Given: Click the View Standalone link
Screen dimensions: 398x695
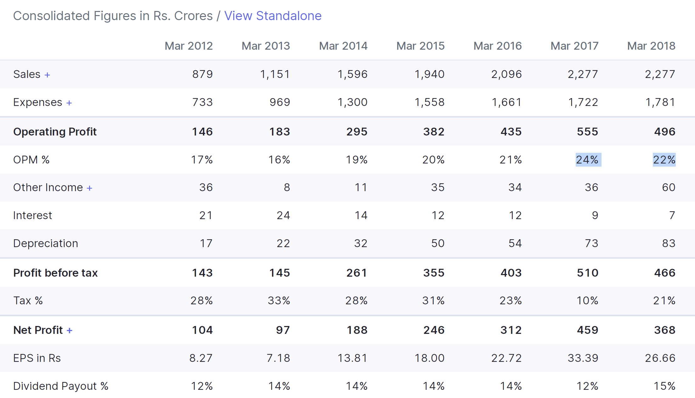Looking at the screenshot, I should (273, 16).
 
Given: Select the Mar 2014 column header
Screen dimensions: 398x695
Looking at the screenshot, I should (343, 46).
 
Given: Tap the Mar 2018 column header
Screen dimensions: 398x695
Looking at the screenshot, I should (651, 46).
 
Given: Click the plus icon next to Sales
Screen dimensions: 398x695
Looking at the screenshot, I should (47, 75).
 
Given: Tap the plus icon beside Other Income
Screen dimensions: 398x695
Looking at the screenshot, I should (89, 188).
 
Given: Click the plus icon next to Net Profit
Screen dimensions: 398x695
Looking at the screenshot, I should (70, 330).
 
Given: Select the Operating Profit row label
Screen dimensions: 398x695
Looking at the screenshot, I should (55, 132).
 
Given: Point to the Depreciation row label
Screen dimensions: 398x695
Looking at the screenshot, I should (46, 243).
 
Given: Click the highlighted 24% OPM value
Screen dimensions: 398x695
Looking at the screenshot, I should (587, 160).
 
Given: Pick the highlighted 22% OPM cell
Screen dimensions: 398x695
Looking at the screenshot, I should (664, 160).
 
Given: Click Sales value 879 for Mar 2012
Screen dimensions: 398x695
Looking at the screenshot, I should (202, 74).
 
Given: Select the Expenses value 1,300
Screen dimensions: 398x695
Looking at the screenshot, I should (352, 102).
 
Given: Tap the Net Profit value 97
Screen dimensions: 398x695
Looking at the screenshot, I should (283, 330).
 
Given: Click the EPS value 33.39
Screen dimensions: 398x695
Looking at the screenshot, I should (583, 358).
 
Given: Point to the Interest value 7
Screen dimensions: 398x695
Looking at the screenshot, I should (672, 215).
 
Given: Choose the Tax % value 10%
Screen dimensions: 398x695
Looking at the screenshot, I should (587, 301).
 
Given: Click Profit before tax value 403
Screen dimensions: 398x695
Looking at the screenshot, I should (511, 273).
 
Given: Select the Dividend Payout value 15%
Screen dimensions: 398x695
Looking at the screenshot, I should (664, 386).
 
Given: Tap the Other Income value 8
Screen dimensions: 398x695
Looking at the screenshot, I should (287, 187).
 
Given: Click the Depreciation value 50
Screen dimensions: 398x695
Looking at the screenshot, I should (438, 243).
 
